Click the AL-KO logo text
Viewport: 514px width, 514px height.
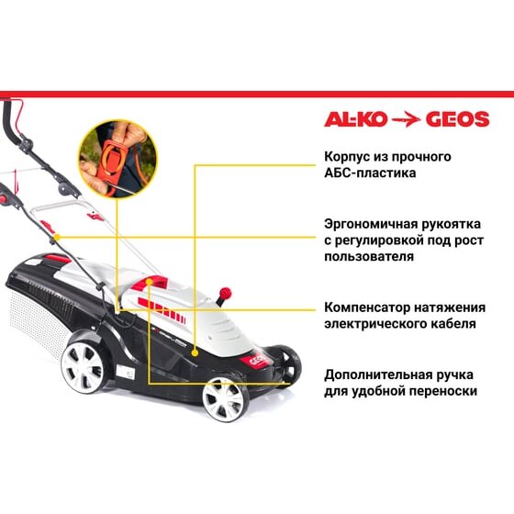coord(356,119)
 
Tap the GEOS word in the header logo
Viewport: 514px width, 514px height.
coord(458,119)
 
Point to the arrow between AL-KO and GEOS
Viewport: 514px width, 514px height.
coord(407,119)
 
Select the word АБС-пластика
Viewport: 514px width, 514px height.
coord(370,173)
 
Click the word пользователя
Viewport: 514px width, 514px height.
coord(369,256)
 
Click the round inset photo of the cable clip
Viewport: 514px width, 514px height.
coord(118,159)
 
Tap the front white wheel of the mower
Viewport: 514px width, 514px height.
coord(225,398)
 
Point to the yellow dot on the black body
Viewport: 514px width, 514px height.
coord(195,353)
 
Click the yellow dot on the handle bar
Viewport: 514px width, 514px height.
coord(57,237)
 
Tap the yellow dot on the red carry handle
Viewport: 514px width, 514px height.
coord(149,282)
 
